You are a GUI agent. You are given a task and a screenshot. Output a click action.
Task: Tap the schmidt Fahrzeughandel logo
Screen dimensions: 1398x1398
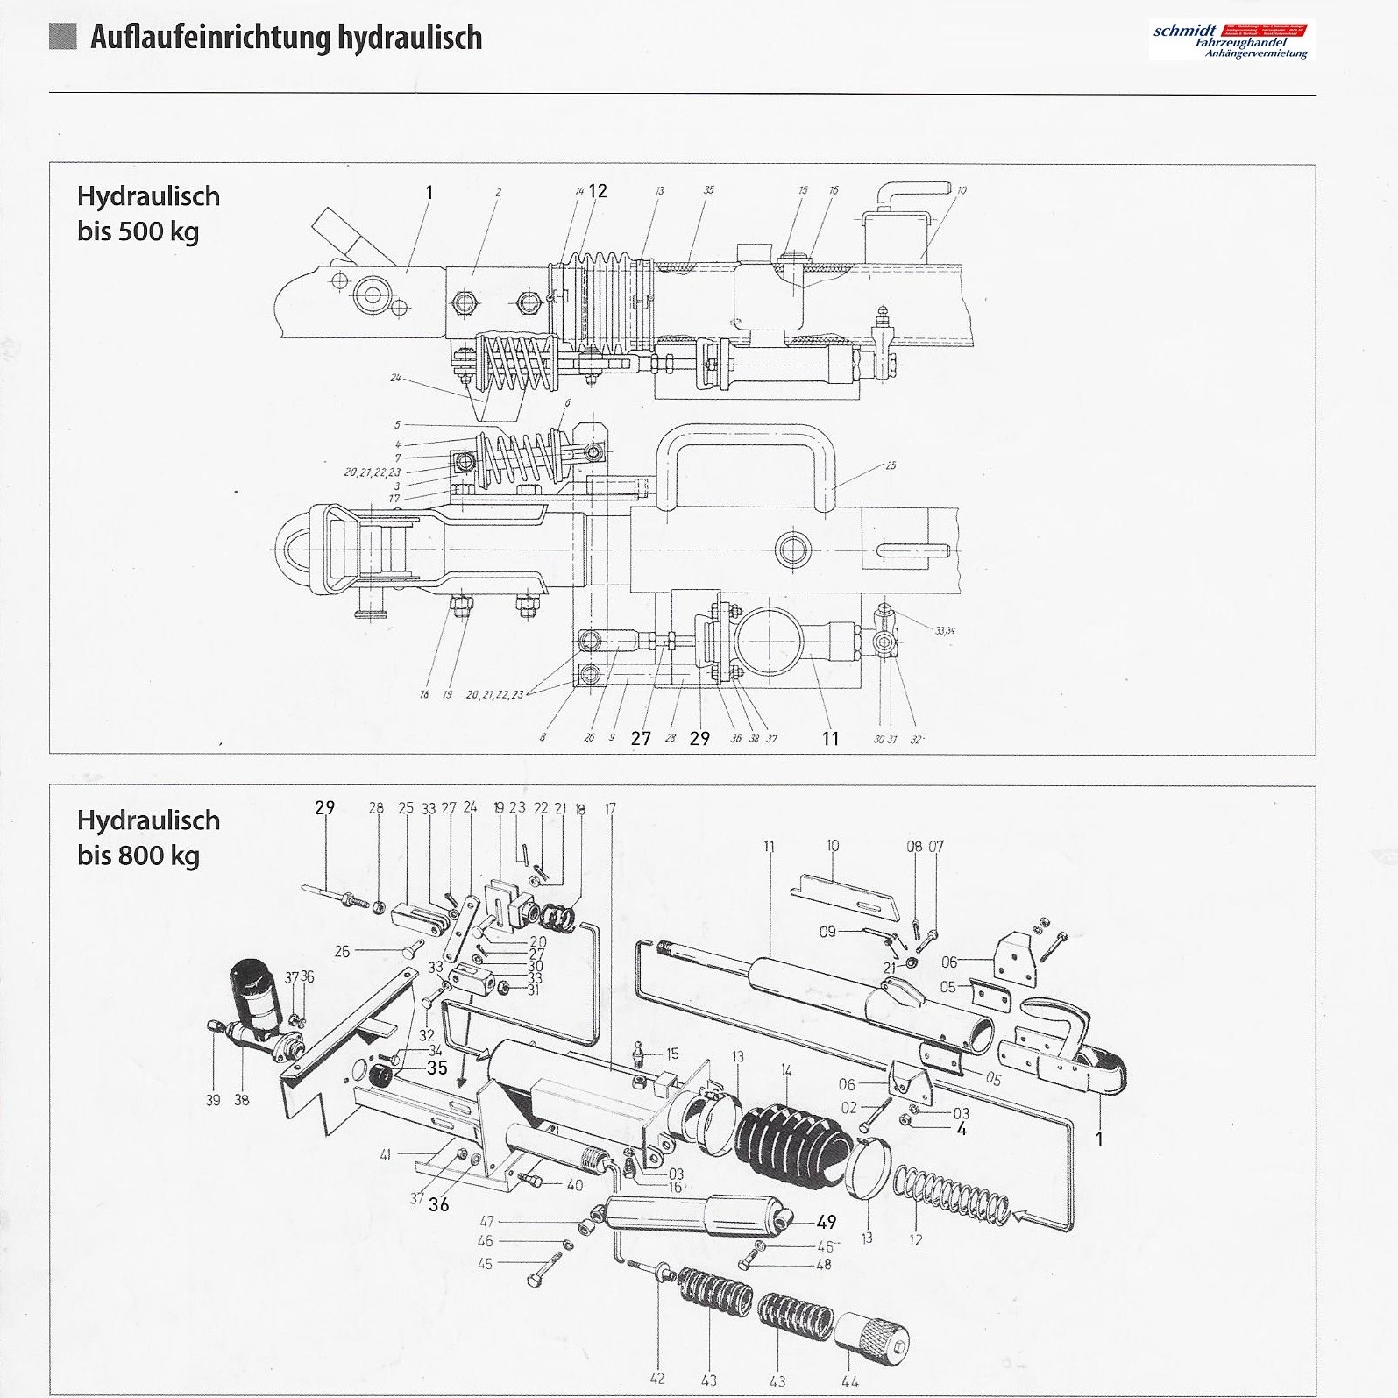[1231, 41]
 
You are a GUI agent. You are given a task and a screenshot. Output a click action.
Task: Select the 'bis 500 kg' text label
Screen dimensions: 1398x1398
[138, 232]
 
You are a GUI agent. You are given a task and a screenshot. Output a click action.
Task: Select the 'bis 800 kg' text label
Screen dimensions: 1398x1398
[138, 855]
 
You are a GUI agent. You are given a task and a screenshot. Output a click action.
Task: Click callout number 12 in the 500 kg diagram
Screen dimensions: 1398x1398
[598, 191]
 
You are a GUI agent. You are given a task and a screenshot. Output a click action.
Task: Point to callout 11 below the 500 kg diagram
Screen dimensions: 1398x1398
[830, 739]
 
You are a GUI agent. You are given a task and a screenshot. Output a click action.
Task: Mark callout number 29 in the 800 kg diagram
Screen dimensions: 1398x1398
[325, 807]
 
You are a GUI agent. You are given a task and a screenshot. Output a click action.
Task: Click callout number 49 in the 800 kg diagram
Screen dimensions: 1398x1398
[826, 1222]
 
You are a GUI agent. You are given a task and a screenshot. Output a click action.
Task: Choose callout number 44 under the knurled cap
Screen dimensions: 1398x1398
[848, 1380]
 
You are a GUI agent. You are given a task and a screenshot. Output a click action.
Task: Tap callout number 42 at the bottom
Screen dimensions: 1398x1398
[657, 1380]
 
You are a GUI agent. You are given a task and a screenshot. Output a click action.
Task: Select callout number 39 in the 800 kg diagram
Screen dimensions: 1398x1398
[213, 1100]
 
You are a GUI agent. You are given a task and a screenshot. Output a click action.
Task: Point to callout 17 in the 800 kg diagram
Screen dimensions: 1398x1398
[610, 809]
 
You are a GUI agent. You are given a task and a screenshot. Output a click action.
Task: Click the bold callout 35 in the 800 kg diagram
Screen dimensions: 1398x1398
[436, 1068]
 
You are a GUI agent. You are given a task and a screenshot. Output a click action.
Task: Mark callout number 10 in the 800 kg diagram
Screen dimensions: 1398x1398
[832, 846]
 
